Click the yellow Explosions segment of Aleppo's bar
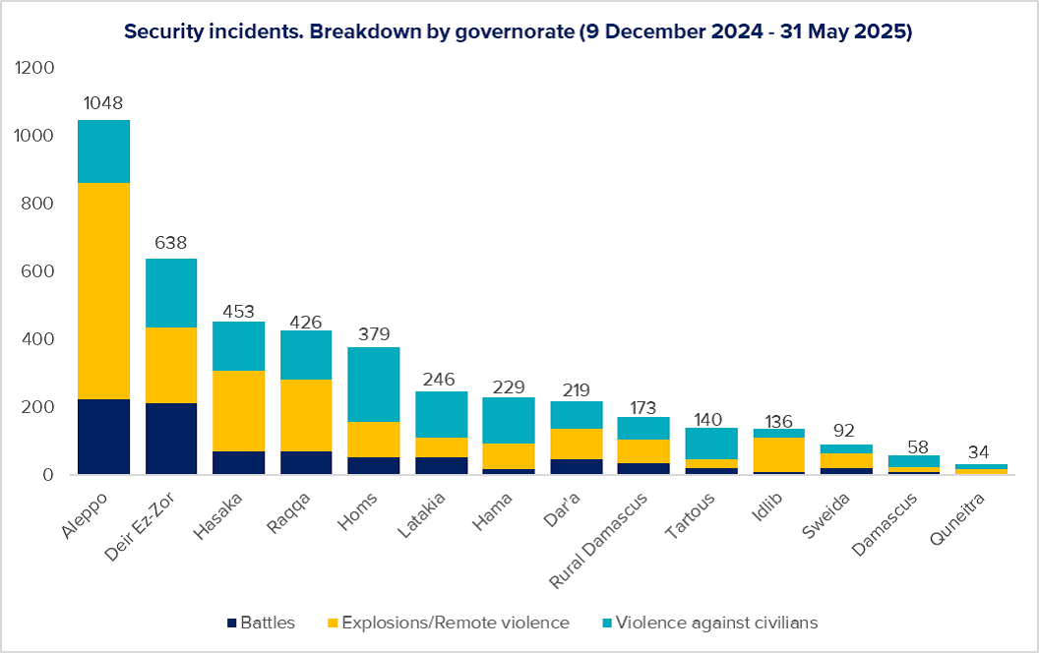pos(104,291)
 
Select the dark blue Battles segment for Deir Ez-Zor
pos(171,439)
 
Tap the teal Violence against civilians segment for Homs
pos(374,385)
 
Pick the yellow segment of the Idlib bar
pos(778,455)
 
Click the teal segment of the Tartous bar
pos(711,444)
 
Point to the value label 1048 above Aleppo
pos(103,102)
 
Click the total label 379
pos(375,333)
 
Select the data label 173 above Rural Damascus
pos(643,408)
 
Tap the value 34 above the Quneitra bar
pos(979,452)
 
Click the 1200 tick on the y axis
pos(33,68)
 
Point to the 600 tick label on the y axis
pos(37,270)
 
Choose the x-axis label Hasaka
pos(218,516)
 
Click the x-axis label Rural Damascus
pos(598,540)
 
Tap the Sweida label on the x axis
pos(825,514)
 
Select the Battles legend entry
pos(261,623)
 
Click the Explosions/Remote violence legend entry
pos(449,623)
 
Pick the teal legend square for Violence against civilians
pos(607,623)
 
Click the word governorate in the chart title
pos(515,31)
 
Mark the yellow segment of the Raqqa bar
pos(306,415)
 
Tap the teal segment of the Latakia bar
pos(442,415)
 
